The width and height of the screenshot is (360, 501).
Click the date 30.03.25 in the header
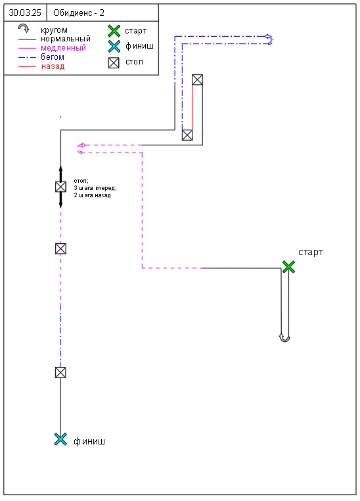click(25, 12)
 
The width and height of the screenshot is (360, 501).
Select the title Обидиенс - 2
click(79, 12)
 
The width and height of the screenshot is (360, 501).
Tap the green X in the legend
click(114, 32)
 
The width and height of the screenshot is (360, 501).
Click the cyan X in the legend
click(114, 46)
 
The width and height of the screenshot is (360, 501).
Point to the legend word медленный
click(63, 48)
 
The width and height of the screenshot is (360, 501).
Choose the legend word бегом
click(53, 57)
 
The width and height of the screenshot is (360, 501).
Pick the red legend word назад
click(53, 66)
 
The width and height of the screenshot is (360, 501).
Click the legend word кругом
click(54, 31)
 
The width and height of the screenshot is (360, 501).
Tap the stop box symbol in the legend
click(114, 63)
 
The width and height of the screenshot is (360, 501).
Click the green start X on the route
click(288, 266)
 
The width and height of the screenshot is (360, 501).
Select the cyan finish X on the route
click(60, 439)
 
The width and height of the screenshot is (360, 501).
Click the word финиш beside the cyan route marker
click(89, 442)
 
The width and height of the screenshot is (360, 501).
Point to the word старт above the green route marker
click(311, 252)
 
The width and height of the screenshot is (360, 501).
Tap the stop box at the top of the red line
click(197, 80)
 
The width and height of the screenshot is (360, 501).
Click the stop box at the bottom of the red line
click(187, 135)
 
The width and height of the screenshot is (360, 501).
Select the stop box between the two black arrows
click(60, 187)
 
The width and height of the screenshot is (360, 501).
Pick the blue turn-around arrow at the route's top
click(270, 39)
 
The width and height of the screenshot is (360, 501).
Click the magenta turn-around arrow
click(81, 149)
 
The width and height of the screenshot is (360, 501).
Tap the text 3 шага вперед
click(95, 188)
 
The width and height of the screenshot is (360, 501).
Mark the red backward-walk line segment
click(192, 107)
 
